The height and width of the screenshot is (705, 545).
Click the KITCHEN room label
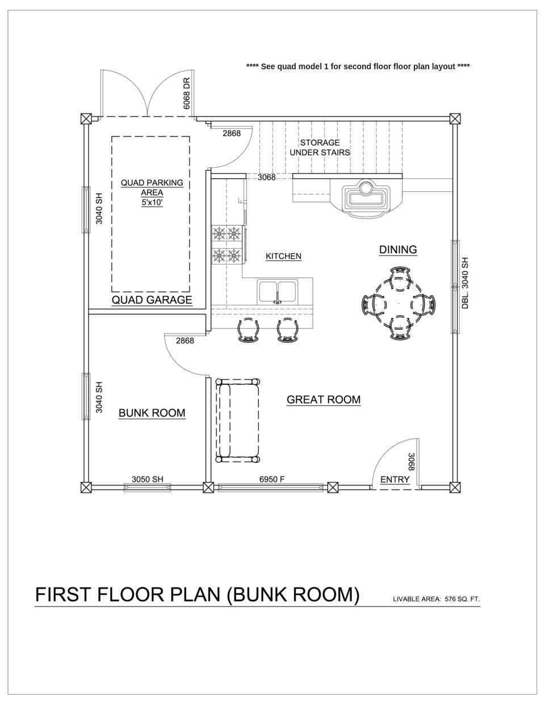[283, 257]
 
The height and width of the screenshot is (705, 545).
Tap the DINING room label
[398, 250]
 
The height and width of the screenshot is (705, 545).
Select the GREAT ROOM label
[323, 400]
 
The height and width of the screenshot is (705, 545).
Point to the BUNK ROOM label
[152, 413]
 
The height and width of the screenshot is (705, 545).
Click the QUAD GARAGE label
[152, 300]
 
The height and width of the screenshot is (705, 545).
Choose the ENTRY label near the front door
[395, 480]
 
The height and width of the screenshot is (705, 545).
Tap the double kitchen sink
[277, 292]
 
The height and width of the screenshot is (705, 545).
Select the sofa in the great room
[238, 420]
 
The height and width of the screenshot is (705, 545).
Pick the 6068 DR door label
[186, 93]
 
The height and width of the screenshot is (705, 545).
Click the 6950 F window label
[271, 479]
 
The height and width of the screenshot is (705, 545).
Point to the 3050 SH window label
[147, 479]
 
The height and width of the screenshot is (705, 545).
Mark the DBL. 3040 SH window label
[465, 283]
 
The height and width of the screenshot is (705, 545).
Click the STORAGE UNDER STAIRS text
[320, 148]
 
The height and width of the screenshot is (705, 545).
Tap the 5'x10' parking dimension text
[152, 202]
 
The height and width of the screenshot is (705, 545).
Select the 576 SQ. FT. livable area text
[462, 598]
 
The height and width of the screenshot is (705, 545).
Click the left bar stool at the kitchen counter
[248, 330]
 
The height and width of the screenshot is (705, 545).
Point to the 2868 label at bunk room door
[185, 341]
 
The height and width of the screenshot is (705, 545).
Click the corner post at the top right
[455, 119]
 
